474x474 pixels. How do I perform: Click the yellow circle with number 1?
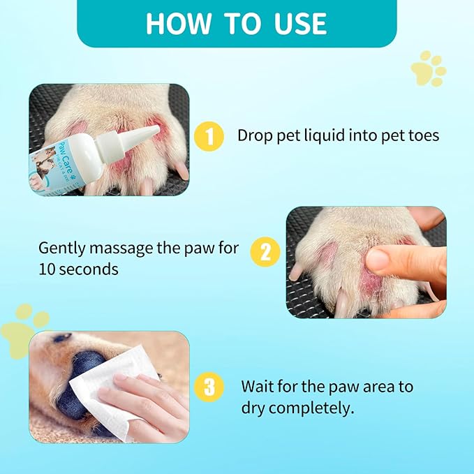pos(209,135)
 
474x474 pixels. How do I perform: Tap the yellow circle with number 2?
pos(265,252)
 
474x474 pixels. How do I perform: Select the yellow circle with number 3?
pos(210,386)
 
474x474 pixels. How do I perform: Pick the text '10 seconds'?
pos(78,269)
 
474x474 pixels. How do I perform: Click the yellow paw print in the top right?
pos(429,68)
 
